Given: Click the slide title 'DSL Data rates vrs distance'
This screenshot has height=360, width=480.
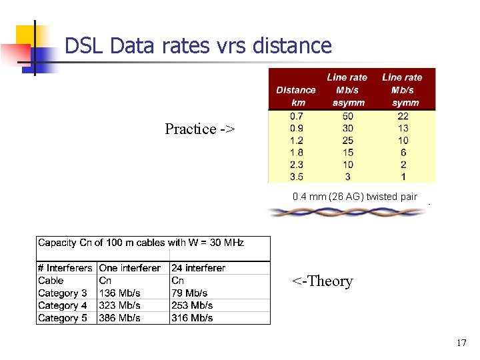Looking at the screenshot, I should (198, 46).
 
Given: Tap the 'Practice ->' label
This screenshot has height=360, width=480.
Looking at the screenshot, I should (199, 129).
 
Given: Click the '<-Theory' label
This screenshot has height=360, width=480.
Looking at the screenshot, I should (322, 281).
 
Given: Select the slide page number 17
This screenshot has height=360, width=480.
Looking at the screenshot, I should (461, 343).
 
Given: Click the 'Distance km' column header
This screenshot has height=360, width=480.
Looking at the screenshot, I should (295, 96).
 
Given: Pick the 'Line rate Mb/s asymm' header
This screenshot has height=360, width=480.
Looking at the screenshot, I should (347, 90).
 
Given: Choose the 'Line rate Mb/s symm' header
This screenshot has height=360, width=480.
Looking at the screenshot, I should (402, 90).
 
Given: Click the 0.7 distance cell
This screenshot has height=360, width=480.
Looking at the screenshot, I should (295, 116).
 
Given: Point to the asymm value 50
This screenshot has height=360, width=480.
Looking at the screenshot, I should (347, 116).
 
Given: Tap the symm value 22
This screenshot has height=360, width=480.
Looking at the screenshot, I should (403, 116).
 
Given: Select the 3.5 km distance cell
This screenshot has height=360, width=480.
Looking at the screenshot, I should (295, 177).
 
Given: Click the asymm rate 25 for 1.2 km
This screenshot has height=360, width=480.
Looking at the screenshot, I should (347, 140).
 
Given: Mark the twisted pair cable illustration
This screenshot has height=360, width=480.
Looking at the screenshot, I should (346, 212).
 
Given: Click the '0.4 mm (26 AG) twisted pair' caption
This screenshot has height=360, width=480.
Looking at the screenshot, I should (355, 197).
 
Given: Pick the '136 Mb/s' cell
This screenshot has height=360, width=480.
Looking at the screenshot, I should (120, 293).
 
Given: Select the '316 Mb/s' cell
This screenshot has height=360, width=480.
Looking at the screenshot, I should (192, 318).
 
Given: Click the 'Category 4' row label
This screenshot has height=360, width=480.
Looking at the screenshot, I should (63, 306).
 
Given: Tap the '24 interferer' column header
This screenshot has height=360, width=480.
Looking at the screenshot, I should (199, 268).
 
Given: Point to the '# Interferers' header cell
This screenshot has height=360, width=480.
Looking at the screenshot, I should (65, 268).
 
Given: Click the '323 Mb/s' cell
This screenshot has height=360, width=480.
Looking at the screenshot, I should (120, 306).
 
